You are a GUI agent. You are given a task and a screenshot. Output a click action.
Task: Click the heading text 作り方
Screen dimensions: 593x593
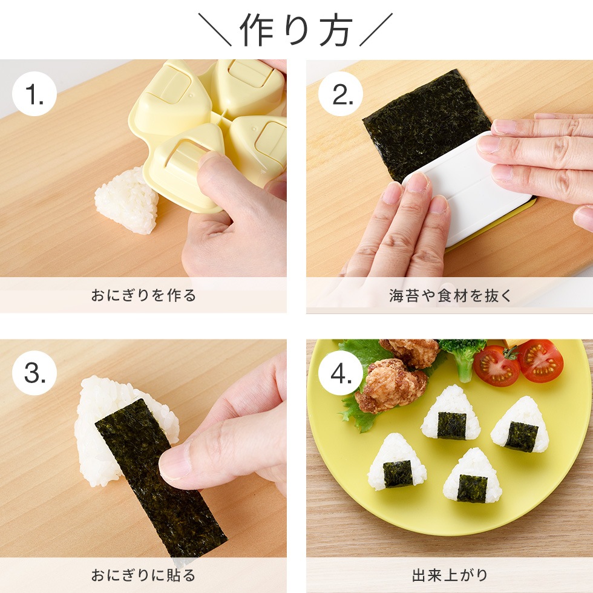tap(296, 30)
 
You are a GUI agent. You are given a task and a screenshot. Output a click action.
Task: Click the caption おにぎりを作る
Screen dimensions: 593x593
tap(143, 296)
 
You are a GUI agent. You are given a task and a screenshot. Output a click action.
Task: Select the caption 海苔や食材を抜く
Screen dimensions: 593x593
tap(450, 296)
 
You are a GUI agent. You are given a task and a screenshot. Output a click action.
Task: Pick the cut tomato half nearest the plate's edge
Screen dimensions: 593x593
tap(540, 361)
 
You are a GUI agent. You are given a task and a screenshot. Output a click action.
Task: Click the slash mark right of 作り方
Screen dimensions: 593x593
tap(376, 30)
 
